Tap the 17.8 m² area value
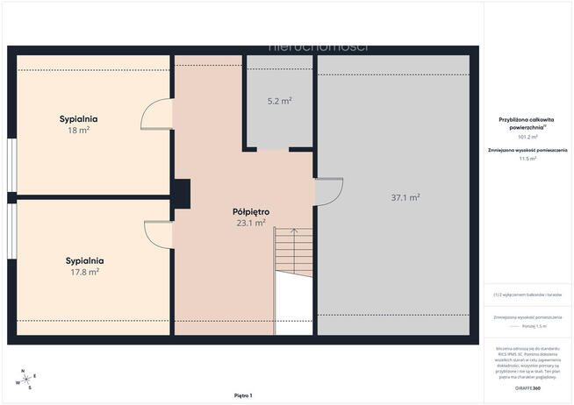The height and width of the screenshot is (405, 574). pos(85,272)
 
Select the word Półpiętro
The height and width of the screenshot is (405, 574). pos(251,212)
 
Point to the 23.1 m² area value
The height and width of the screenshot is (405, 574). pos(251,224)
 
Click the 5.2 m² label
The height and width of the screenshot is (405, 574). pos(279,101)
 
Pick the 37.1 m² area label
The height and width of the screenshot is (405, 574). pos(405,197)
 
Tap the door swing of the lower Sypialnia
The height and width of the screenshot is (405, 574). pos(159,232)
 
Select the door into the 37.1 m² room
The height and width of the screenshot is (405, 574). pos(326,192)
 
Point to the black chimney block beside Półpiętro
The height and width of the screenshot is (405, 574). pos(183,194)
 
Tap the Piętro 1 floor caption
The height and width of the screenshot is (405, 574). pos(243,396)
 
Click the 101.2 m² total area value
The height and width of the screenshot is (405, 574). pos(527,137)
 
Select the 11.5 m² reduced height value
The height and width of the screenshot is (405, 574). pos(527,159)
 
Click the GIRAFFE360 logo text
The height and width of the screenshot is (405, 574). pos(527,386)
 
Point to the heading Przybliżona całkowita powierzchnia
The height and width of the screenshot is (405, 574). pos(527,123)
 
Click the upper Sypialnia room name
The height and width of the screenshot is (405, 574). pos(79,118)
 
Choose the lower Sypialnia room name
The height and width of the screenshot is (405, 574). pos(85,260)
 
